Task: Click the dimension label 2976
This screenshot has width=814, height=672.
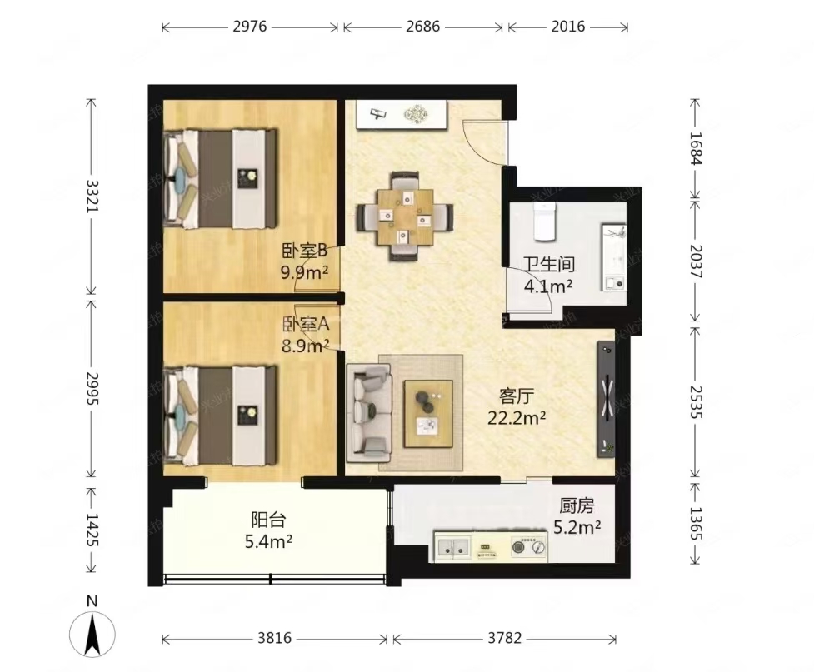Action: (250, 27)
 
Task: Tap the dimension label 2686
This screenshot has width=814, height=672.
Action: (422, 27)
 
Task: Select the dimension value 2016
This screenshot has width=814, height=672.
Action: (568, 27)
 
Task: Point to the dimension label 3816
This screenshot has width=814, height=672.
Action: (275, 638)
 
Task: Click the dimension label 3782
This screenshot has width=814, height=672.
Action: (504, 638)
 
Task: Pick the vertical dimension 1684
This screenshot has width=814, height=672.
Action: (695, 148)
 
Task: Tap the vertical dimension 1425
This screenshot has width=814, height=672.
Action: (92, 530)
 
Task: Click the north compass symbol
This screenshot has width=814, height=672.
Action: (92, 629)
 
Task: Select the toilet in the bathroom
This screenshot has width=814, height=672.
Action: (545, 221)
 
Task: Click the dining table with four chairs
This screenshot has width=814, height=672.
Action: (405, 217)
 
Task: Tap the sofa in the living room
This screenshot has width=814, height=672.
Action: (369, 413)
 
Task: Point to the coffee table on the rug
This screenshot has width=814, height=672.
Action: (428, 414)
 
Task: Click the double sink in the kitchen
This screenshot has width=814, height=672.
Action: (453, 546)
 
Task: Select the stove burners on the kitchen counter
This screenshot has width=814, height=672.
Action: (528, 546)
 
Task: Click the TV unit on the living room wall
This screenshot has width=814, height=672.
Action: (606, 399)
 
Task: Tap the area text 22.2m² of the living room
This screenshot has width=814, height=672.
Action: (516, 418)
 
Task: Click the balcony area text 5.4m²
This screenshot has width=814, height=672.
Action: (268, 542)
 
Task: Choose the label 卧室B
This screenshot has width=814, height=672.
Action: (304, 251)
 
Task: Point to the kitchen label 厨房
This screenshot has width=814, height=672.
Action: (577, 505)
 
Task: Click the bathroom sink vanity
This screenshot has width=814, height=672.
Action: (614, 256)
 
